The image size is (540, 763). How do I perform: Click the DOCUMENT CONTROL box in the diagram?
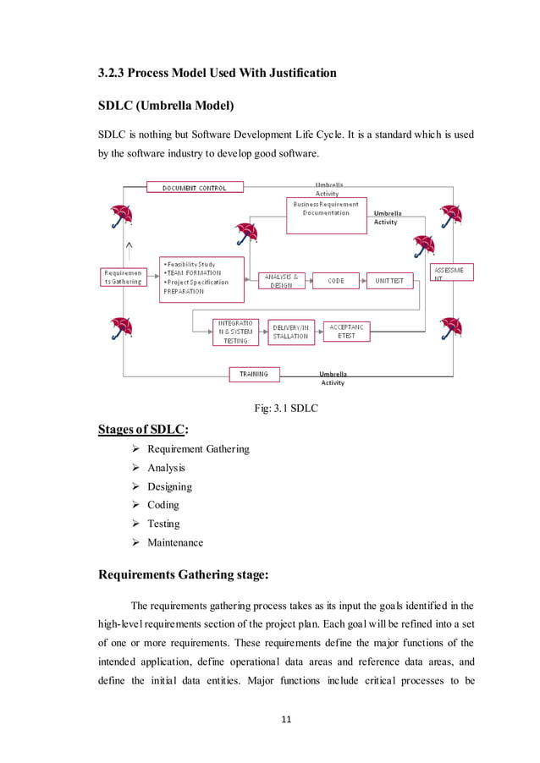(195, 188)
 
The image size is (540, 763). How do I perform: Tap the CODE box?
(336, 281)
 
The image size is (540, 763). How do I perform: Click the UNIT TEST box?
(389, 281)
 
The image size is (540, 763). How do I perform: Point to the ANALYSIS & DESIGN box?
(281, 281)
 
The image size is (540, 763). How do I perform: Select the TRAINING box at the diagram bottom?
(254, 374)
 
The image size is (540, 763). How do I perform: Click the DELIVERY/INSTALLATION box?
(290, 332)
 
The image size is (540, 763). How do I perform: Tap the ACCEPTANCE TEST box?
(347, 331)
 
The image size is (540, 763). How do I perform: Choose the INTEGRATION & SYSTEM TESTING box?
(235, 332)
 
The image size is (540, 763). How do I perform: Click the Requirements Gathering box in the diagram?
(124, 277)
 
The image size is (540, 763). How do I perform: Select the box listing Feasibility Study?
(201, 278)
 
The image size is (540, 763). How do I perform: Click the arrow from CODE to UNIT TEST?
(358, 281)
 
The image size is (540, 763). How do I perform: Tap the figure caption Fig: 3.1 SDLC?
(286, 409)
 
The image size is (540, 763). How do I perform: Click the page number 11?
(286, 719)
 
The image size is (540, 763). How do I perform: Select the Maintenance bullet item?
(175, 542)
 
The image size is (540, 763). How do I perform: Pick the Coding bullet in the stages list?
(163, 505)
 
